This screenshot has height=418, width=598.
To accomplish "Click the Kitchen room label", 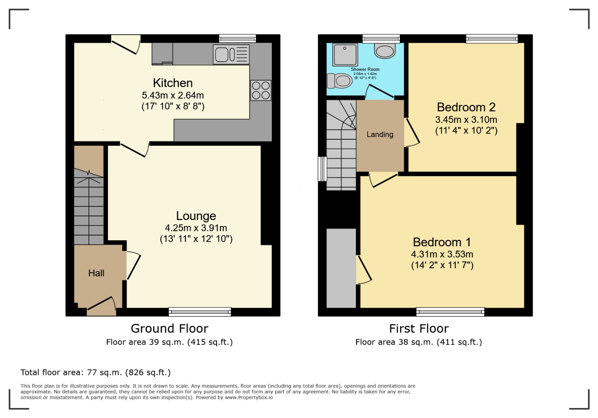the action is (173, 83).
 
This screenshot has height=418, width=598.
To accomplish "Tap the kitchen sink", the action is (231, 55).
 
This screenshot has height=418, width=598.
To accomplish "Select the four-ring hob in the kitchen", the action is (261, 90).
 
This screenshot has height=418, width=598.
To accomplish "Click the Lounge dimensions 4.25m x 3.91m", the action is (196, 228).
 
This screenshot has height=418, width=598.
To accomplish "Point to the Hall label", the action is (96, 273).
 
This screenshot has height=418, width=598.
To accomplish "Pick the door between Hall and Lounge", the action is (133, 266).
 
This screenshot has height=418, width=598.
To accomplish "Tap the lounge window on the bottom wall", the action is (200, 312).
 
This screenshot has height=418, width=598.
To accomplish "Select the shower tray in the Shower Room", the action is (345, 55).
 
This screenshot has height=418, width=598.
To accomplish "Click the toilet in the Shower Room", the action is (340, 81).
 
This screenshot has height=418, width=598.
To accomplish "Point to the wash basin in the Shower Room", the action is (385, 51).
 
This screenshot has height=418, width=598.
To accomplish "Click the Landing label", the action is (380, 134).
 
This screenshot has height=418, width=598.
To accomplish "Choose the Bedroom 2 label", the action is (466, 107).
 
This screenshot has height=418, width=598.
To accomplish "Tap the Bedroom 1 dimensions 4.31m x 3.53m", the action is (442, 254).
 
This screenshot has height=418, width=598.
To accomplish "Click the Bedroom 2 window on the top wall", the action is (492, 39).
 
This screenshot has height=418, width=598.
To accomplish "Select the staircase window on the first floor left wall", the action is (323, 169).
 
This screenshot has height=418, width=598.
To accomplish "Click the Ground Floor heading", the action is (170, 328).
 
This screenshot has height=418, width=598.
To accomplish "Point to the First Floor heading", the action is (419, 328).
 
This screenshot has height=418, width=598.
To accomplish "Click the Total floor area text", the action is (96, 372).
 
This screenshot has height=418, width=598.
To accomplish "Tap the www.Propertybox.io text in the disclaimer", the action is (249, 397).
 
